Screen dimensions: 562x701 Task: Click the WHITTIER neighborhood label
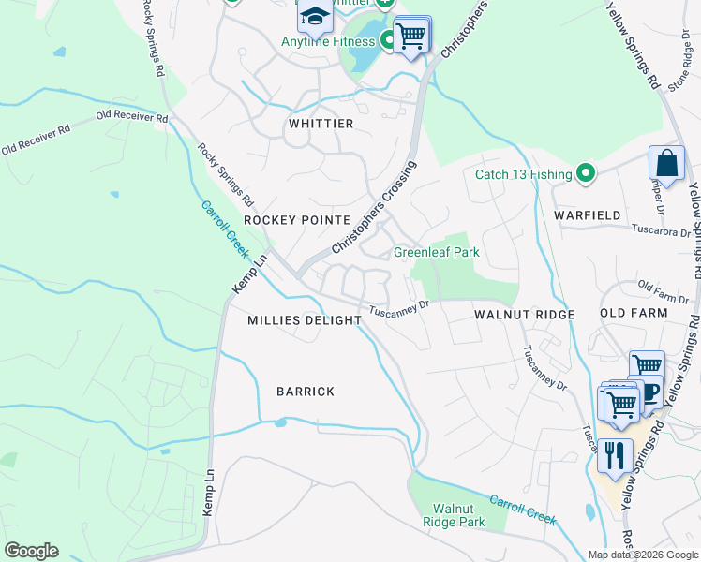321,124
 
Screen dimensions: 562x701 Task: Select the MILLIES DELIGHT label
305,320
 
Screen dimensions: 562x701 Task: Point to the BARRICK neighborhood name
306,392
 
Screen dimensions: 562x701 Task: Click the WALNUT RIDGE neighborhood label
524,315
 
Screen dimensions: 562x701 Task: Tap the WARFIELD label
587,215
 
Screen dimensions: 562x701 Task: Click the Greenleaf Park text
436,252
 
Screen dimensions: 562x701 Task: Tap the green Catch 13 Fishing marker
586,173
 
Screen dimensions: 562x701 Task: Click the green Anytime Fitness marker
387,41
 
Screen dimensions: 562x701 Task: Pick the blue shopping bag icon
666,164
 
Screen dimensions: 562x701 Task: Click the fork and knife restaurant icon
614,456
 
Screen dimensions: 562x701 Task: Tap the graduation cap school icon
316,16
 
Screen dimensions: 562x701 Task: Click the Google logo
31,551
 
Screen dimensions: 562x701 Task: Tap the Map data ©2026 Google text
643,555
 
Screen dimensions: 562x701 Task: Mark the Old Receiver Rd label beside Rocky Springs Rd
132,117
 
